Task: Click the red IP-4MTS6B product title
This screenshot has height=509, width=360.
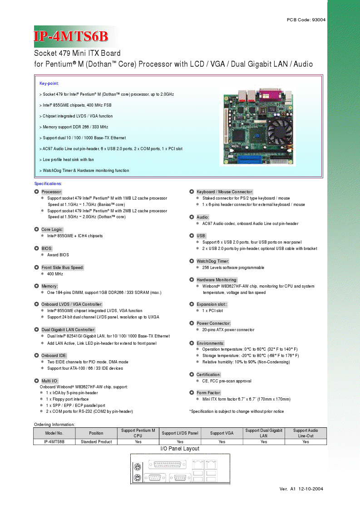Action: (71, 36)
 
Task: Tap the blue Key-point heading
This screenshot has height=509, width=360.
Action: (49, 83)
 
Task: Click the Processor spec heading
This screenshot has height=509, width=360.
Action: (52, 192)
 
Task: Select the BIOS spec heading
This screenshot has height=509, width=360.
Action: (47, 249)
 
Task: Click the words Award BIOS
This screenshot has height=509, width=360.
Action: (58, 255)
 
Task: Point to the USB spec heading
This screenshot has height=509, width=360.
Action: (201, 236)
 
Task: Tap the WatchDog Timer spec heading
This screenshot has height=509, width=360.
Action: (212, 261)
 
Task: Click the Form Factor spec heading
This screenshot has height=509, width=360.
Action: (208, 392)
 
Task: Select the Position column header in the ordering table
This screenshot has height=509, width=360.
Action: (96, 433)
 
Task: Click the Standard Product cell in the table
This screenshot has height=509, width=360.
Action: (96, 442)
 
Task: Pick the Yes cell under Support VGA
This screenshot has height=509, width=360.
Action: (222, 442)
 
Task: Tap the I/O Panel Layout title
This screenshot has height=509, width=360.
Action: (180, 449)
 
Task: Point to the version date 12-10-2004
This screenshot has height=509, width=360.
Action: (311, 489)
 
